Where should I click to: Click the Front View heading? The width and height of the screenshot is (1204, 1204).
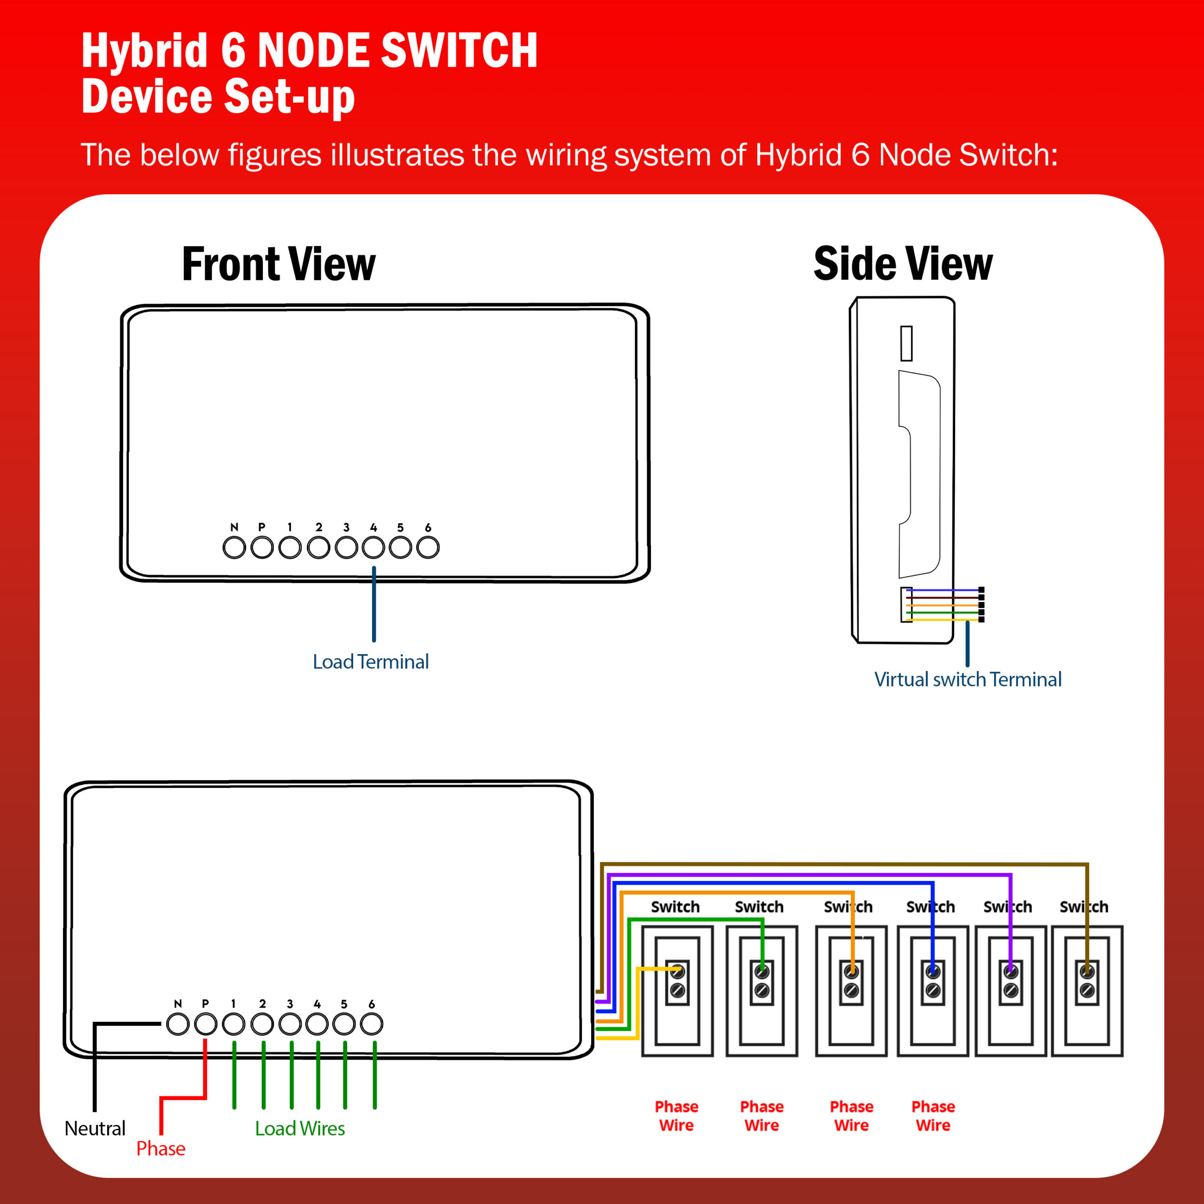[278, 264]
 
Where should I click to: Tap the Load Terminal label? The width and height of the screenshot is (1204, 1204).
[371, 662]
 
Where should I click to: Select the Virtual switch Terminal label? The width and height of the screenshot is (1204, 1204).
[968, 679]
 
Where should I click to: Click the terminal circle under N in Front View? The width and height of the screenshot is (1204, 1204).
[234, 548]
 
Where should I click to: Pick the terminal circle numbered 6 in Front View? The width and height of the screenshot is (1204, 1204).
[428, 548]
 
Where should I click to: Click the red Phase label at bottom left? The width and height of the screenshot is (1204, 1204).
[161, 1149]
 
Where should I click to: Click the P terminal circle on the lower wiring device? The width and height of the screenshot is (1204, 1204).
[206, 1024]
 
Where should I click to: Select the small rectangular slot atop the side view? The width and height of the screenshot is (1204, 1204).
[907, 343]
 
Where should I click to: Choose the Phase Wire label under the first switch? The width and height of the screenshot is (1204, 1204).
[677, 1116]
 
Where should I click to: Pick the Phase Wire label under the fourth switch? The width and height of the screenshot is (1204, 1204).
[933, 1116]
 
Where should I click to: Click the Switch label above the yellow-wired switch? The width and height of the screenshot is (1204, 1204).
[675, 907]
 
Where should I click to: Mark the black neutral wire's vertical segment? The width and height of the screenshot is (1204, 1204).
[95, 1067]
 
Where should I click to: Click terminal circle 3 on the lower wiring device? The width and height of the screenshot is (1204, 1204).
[290, 1024]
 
